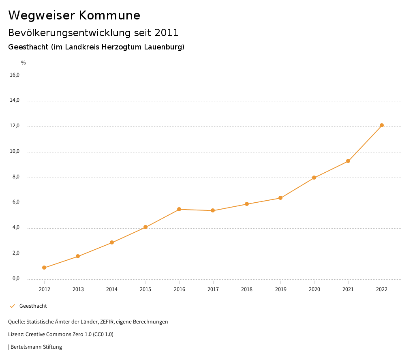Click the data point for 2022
pos(382,125)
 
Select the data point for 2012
pos(44,268)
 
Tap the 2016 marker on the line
pos(179,209)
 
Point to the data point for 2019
pos(280,198)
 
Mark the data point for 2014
pos(112,242)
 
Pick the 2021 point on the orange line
pos(348,161)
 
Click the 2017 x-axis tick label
pos(213,289)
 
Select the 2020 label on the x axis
pos(314,289)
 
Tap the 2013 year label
pos(78,289)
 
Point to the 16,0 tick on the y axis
pos(15,75)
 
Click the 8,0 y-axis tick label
pos(15,177)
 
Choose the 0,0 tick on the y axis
pos(15,279)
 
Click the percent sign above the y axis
pos(24,63)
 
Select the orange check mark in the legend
pos(12,306)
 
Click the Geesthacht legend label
pos(33,306)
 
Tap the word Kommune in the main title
pos(109,15)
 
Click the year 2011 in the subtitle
pos(167,32)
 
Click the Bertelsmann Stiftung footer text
pos(36,347)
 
